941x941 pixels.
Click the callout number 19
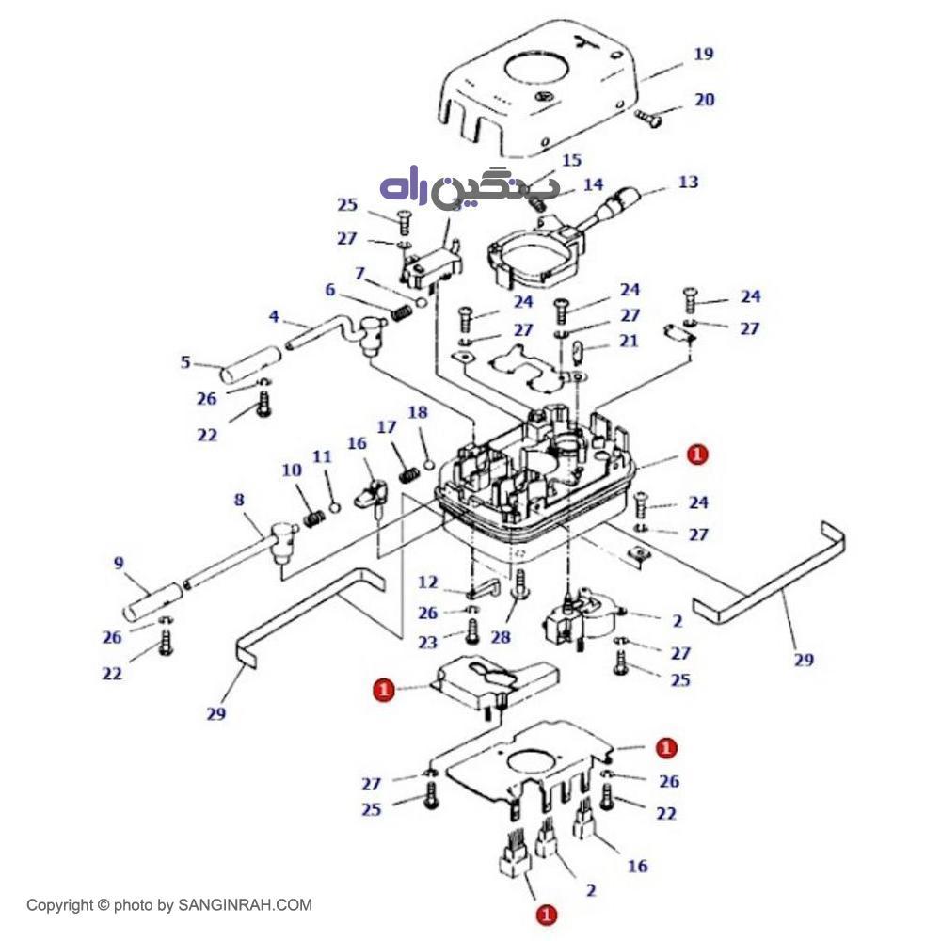click(x=703, y=55)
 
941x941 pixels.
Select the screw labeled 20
click(x=646, y=118)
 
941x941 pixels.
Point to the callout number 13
click(x=689, y=182)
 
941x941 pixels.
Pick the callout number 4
click(x=274, y=316)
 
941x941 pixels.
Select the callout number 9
click(x=119, y=564)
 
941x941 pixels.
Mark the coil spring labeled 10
click(x=314, y=517)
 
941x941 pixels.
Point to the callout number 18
click(x=418, y=412)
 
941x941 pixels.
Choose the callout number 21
click(x=629, y=341)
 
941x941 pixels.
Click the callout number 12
click(x=428, y=582)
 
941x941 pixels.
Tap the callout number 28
click(x=500, y=637)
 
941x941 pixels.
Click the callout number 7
click(x=359, y=273)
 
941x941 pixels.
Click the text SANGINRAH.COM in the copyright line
click(x=255, y=905)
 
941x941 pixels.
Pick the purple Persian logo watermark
click(x=469, y=188)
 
